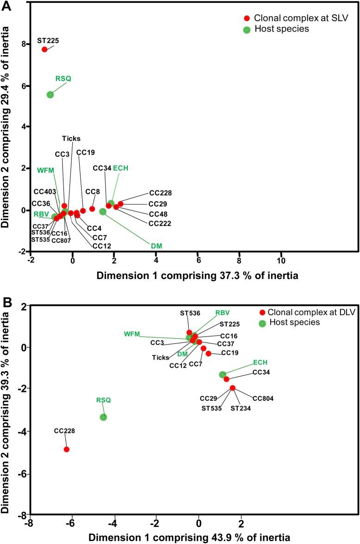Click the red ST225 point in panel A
coord(44,49)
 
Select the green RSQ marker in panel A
coord(50,95)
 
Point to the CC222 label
coord(160,223)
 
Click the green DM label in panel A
coord(157,246)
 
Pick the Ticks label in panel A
coord(71,138)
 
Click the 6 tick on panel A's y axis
coord(22,86)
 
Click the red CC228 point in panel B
coord(67,449)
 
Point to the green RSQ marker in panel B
coord(103,417)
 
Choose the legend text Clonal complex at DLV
coord(311,312)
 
